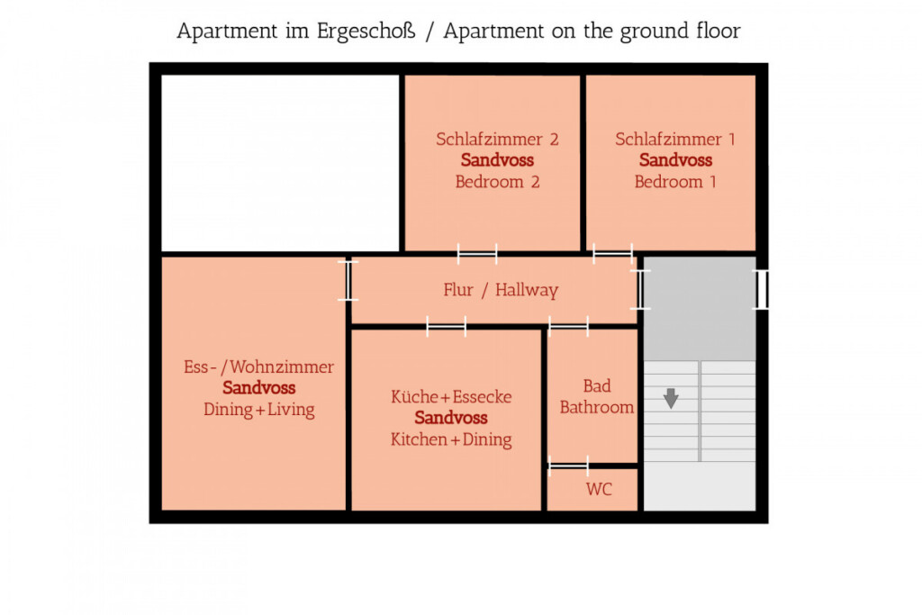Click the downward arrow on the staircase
pos(671,398)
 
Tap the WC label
pos(599,489)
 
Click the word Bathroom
pos(596,407)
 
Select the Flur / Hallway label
pos(501,290)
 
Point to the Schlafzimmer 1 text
pos(675,139)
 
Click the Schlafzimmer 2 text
pos(497,139)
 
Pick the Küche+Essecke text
pos(451,397)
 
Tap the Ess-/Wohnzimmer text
pos(258,366)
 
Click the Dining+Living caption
pos(258,409)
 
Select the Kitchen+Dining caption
pos(451,439)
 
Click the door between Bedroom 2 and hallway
pos(477,254)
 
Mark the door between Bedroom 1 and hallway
pos(612,254)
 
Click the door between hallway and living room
pos(348,280)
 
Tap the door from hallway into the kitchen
pos(446,326)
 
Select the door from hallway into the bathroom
pos(568,326)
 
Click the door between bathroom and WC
pos(568,466)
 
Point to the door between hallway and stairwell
pos(640,289)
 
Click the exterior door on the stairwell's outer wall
pos(762,289)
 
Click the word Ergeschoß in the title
pos(366,32)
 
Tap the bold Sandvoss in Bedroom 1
pos(675,160)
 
